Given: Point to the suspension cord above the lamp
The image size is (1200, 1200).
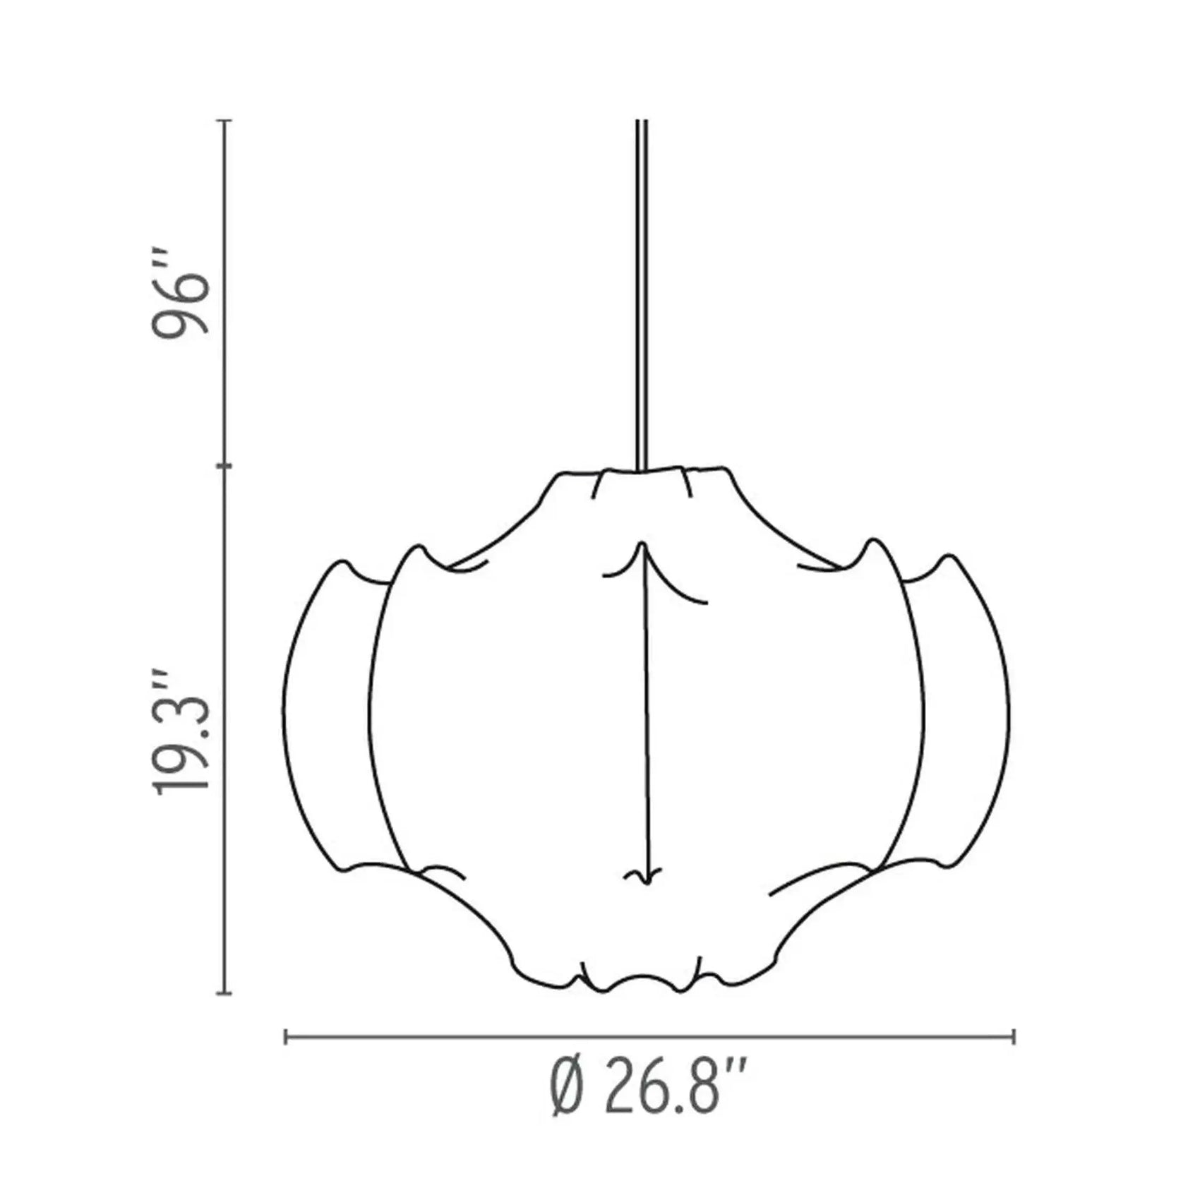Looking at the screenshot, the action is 642,295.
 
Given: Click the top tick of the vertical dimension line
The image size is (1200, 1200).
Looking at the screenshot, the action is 224,121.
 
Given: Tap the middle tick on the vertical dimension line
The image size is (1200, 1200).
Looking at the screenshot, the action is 224,467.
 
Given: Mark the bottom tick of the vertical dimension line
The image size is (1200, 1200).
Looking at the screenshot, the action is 224,994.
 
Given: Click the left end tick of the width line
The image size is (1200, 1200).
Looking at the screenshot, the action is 285,1037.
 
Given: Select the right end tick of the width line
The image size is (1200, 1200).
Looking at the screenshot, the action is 1014,1037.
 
